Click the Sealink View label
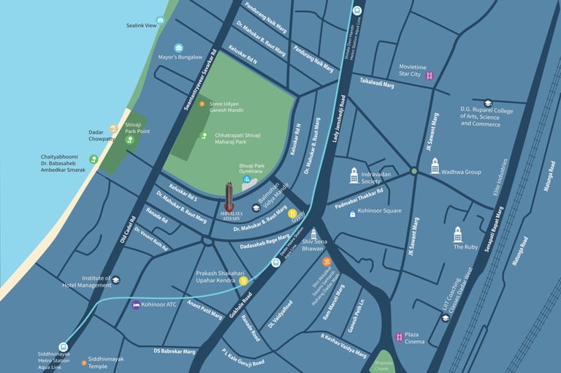[141, 26]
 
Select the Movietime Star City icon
[430, 75]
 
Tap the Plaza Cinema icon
[399, 337]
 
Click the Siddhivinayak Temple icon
[82, 361]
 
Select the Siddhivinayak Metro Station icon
[64, 347]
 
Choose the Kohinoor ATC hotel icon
[136, 304]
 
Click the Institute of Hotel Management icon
[116, 279]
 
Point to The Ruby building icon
[458, 234]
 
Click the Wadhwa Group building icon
[435, 167]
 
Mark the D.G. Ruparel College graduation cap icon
[487, 104]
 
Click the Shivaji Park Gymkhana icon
[247, 178]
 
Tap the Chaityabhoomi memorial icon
[93, 159]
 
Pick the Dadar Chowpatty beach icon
[113, 128]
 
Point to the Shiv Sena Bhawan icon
[313, 234]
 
